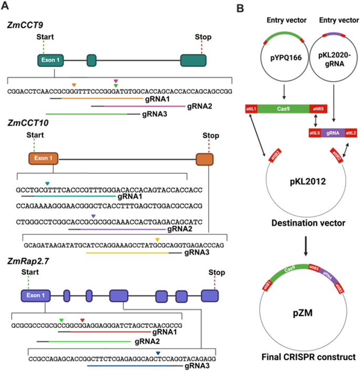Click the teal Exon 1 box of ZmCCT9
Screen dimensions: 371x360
50,61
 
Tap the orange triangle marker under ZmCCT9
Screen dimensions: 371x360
74,85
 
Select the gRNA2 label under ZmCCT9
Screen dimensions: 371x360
198,106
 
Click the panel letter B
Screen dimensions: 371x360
240,8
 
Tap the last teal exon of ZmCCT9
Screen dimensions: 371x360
192,61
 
